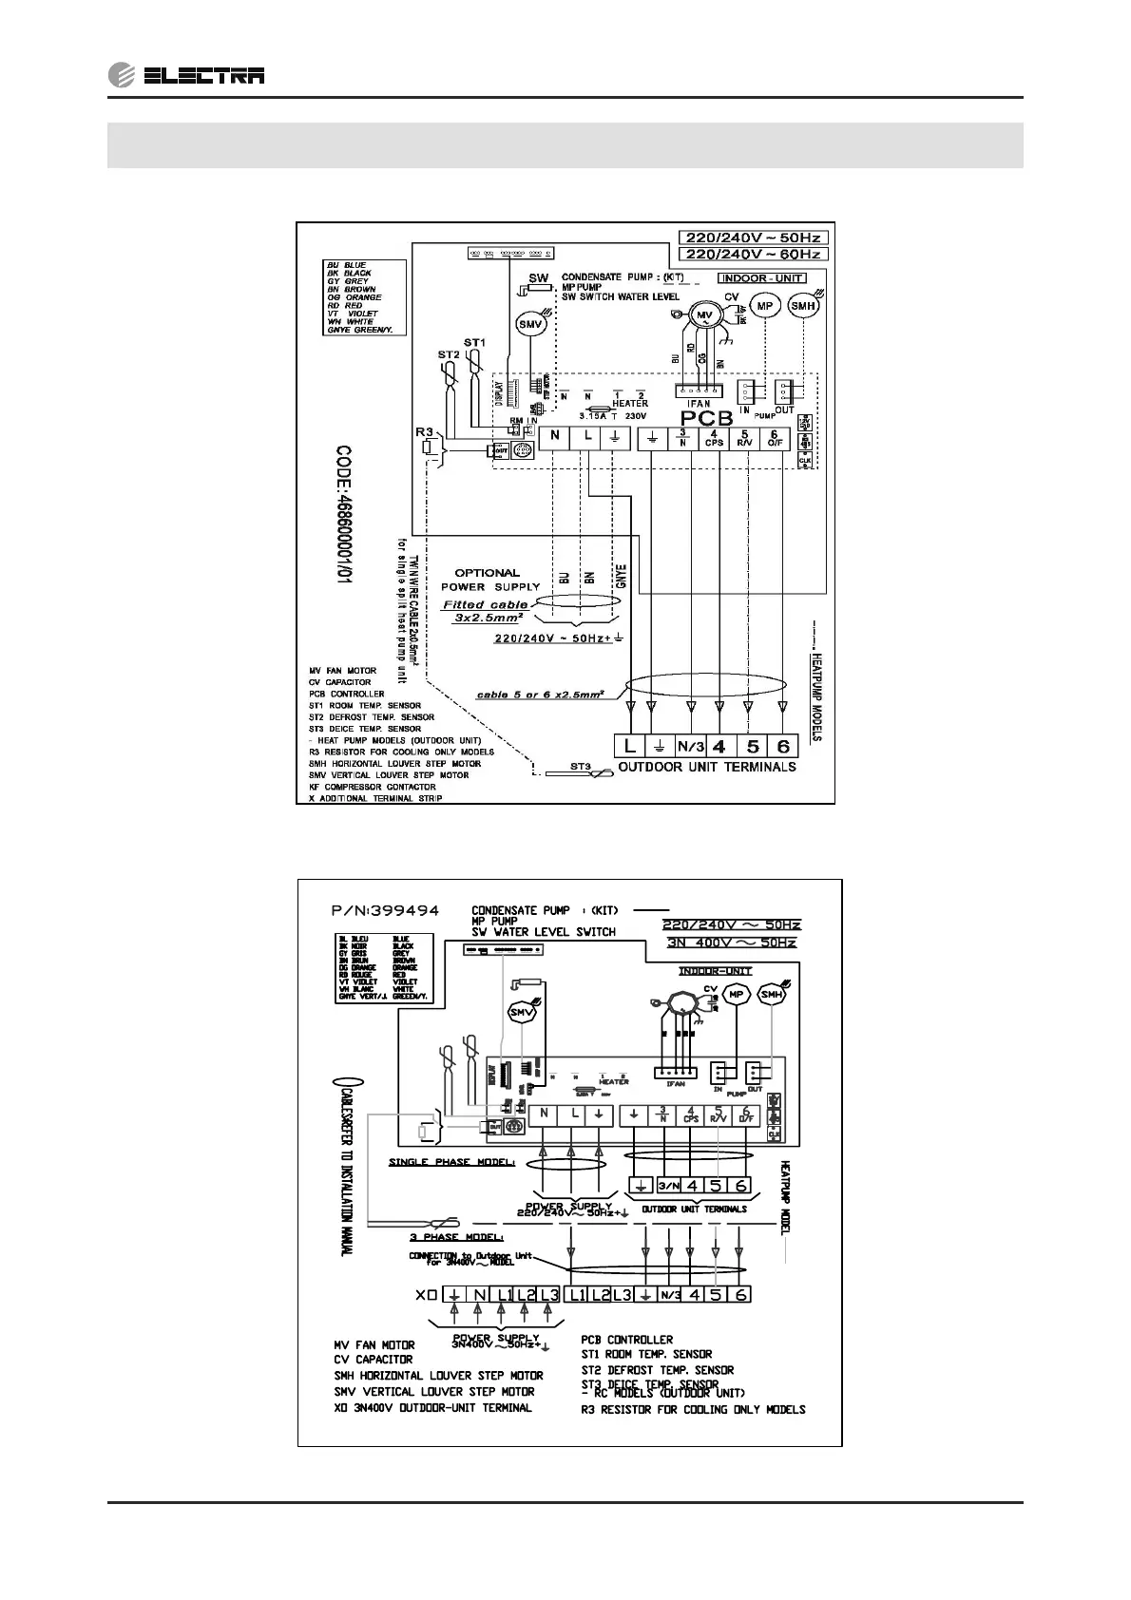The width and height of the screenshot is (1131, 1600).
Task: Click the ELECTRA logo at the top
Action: click(x=186, y=75)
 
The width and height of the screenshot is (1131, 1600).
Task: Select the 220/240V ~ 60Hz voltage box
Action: click(x=753, y=254)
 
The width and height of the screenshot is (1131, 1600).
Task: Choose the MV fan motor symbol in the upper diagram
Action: click(x=704, y=315)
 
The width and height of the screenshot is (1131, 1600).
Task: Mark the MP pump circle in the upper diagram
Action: click(x=765, y=306)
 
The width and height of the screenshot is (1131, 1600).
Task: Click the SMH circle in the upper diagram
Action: click(x=804, y=306)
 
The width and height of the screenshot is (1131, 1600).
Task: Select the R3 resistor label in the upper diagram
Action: click(x=424, y=431)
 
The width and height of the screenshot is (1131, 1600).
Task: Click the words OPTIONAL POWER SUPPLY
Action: click(x=489, y=580)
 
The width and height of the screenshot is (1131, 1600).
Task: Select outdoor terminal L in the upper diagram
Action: click(x=630, y=746)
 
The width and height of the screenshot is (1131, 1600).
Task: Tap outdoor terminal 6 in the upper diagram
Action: click(x=783, y=746)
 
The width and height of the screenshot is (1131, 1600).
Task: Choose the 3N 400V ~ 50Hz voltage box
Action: click(x=731, y=942)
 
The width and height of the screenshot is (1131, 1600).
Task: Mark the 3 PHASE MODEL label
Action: click(x=456, y=1237)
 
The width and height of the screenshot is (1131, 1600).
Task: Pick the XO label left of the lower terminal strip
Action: click(x=425, y=1294)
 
